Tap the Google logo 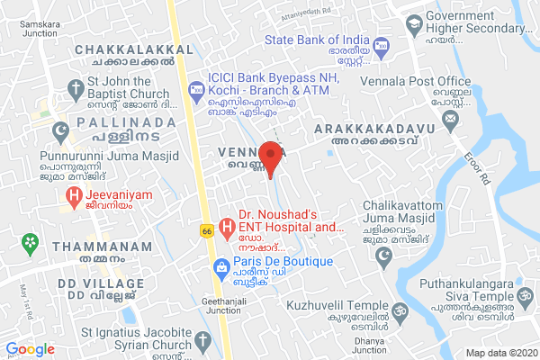(31, 349)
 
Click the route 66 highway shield (206, 232)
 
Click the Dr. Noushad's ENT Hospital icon (224, 222)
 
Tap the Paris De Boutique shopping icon (220, 266)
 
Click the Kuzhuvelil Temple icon (391, 314)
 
